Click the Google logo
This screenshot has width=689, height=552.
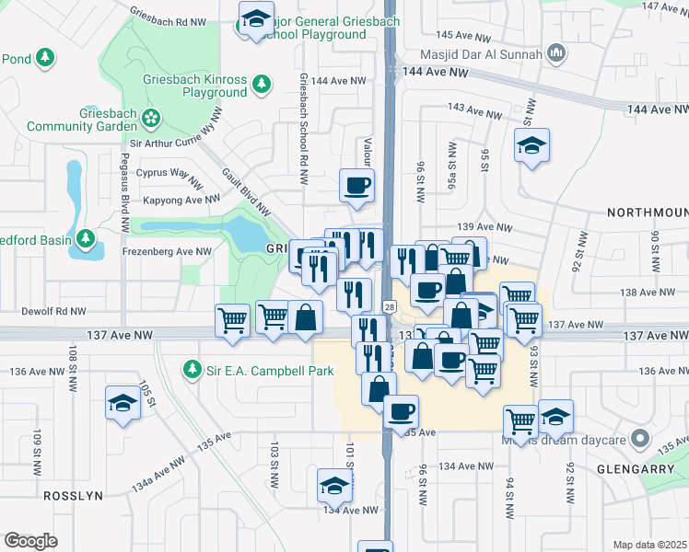(x=30, y=540)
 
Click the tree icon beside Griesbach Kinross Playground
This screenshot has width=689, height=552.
(x=263, y=84)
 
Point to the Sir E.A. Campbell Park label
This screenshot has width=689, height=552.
(x=253, y=370)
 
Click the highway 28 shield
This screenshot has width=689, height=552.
(x=390, y=305)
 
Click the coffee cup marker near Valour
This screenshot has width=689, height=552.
(x=357, y=185)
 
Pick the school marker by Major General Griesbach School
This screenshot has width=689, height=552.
(x=255, y=17)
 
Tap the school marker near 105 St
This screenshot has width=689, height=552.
(x=123, y=404)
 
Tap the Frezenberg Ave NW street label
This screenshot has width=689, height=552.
(x=167, y=251)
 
